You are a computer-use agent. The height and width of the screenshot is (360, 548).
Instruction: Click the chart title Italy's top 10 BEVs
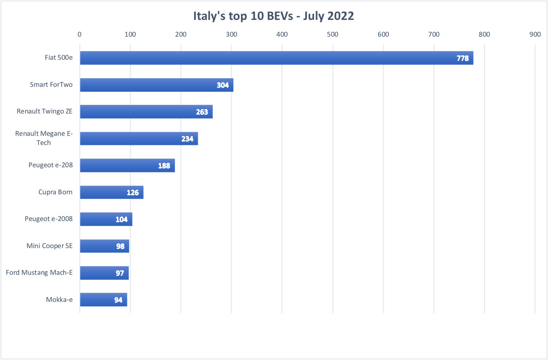[x=273, y=16]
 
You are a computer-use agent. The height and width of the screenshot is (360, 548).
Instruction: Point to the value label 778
[x=462, y=58]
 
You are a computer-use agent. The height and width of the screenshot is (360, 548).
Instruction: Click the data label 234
[x=187, y=139]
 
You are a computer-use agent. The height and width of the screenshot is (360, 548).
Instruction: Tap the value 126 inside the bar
[x=133, y=193]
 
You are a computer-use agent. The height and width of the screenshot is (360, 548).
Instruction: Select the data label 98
[x=120, y=247]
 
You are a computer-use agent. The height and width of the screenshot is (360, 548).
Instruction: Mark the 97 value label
[x=120, y=273]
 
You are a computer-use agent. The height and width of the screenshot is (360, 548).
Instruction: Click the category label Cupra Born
[x=55, y=192]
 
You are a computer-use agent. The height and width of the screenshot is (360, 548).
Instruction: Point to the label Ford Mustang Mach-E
[x=39, y=272]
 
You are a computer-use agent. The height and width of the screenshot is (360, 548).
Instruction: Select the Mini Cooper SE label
[x=49, y=246]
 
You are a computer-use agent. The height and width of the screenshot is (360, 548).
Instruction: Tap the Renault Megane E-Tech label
[x=44, y=138]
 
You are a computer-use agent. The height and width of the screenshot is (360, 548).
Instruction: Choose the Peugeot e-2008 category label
[x=49, y=219]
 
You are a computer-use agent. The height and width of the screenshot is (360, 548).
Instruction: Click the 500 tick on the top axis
[x=333, y=34]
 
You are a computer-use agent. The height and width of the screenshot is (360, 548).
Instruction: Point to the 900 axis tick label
[x=535, y=34]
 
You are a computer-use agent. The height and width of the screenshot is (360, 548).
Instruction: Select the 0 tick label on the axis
[x=80, y=34]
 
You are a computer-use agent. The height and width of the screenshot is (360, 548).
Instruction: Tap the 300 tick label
[x=231, y=34]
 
